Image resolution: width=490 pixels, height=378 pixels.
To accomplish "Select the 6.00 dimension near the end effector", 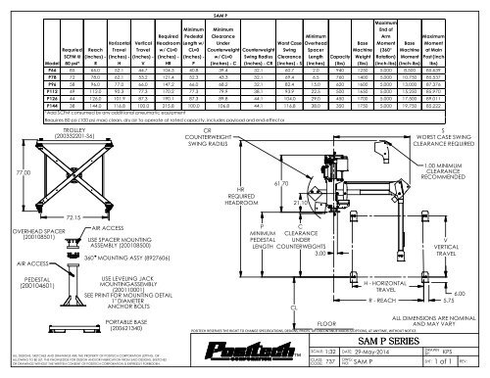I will pyautogui.click(x=458, y=292).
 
